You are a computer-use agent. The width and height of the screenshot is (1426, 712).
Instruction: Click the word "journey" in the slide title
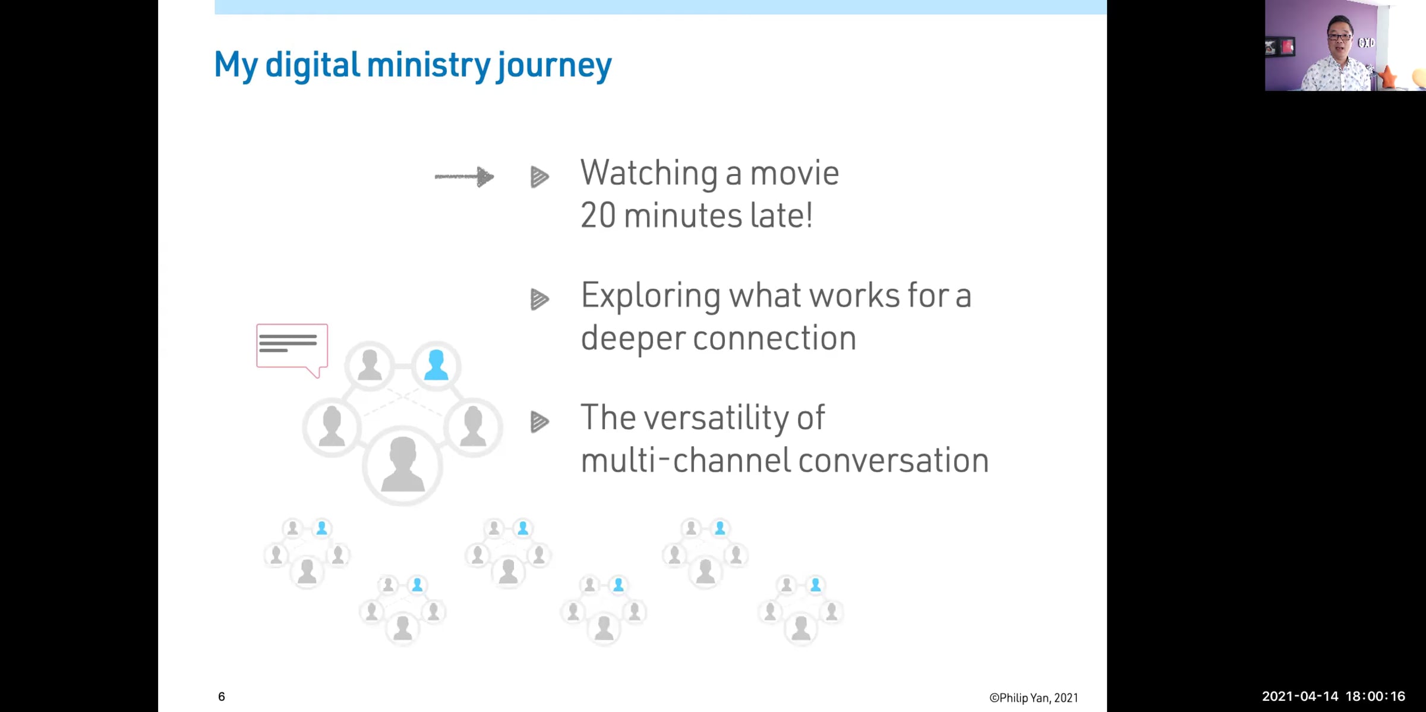tap(554, 66)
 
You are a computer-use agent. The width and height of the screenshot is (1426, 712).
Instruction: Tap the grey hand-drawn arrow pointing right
tap(464, 177)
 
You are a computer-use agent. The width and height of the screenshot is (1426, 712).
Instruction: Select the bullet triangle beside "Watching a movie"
tap(540, 177)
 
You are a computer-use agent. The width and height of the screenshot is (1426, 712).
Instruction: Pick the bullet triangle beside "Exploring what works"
tap(540, 300)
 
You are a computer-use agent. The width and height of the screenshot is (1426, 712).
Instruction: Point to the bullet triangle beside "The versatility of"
tap(540, 422)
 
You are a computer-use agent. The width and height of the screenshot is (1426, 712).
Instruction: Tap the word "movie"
tap(794, 174)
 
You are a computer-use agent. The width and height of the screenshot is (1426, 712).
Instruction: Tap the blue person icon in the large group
tap(436, 365)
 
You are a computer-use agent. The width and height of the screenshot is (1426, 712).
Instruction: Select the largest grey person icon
tap(403, 464)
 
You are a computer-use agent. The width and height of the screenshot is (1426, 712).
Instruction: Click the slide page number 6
tap(222, 697)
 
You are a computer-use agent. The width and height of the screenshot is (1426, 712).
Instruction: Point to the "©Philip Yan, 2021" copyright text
tap(1034, 698)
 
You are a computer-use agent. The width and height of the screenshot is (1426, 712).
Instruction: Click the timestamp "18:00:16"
tap(1375, 697)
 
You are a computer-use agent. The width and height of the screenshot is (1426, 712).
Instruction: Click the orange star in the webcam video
tap(1389, 77)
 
